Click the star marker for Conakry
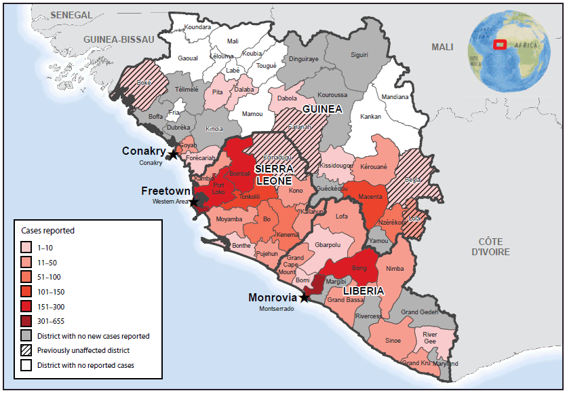click(x=174, y=155)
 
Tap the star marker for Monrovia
click(x=305, y=297)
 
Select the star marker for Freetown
click(x=194, y=202)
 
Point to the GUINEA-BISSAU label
click(x=119, y=40)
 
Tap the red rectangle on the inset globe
click(x=500, y=45)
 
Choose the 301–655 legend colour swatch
click(x=26, y=321)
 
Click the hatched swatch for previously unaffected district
click(x=26, y=350)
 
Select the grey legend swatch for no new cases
click(x=26, y=336)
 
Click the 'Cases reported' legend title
click(x=47, y=231)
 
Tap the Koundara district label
click(x=197, y=27)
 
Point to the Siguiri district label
click(x=359, y=55)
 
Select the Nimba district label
click(x=394, y=268)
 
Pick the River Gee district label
click(x=430, y=337)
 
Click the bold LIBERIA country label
click(x=363, y=291)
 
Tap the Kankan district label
click(x=370, y=116)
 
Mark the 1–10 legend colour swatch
click(x=26, y=248)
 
